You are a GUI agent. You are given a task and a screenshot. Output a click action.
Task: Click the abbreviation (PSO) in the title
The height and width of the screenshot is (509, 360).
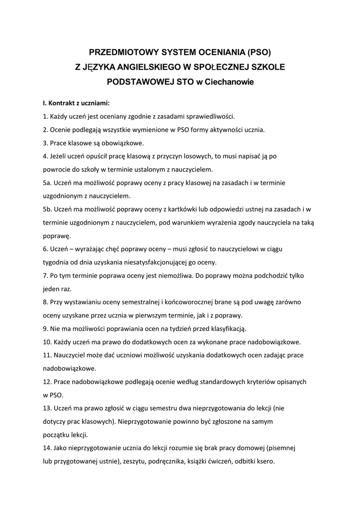(259, 52)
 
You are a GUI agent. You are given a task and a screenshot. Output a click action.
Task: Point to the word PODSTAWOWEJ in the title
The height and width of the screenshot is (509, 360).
(138, 82)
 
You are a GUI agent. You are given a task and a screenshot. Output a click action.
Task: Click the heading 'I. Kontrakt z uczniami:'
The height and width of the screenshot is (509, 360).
(76, 104)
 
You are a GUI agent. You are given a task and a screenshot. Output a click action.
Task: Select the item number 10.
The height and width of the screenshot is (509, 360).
(47, 341)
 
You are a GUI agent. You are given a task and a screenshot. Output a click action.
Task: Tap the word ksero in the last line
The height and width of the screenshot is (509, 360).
(265, 461)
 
